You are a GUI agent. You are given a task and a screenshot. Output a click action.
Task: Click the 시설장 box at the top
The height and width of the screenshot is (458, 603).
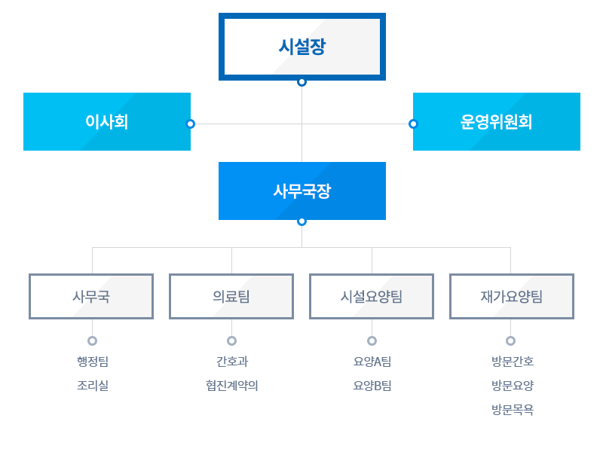click(302, 47)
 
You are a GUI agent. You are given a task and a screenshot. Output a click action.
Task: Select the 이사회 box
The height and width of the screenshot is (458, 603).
click(107, 121)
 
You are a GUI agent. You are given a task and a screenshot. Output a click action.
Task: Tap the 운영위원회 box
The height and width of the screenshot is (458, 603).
click(497, 121)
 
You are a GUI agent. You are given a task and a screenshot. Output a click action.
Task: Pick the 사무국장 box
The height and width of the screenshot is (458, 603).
click(302, 191)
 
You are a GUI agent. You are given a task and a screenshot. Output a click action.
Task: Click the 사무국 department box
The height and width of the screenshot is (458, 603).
click(91, 296)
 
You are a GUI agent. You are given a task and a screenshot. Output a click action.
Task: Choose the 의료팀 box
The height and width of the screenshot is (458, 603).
click(231, 296)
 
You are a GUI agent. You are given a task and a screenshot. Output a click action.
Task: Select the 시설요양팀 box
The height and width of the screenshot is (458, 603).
click(372, 296)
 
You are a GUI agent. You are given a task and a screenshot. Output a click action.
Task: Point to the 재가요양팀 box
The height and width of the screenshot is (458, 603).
click(512, 296)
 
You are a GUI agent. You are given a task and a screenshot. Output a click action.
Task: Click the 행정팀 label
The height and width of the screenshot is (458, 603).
click(93, 362)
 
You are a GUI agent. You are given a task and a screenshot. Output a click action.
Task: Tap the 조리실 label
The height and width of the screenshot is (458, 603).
click(93, 386)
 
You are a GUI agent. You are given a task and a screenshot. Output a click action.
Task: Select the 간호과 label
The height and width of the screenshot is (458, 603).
click(232, 362)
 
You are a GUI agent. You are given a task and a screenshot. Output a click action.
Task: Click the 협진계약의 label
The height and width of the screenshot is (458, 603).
click(232, 386)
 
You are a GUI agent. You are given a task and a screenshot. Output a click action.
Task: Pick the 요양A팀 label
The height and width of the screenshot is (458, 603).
click(372, 362)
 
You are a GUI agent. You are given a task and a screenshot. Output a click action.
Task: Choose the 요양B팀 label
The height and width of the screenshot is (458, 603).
click(372, 386)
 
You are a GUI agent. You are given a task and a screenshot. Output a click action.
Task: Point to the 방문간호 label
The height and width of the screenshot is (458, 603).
click(513, 362)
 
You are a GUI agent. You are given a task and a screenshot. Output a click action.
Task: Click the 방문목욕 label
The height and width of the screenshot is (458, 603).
click(513, 410)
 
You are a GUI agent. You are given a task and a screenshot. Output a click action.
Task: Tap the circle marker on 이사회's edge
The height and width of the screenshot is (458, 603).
click(191, 124)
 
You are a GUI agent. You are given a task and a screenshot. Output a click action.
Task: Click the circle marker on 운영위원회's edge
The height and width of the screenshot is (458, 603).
click(413, 124)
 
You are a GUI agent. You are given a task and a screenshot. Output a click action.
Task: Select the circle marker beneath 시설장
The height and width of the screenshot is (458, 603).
click(302, 82)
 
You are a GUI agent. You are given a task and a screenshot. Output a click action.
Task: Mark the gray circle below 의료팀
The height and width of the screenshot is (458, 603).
click(231, 340)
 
